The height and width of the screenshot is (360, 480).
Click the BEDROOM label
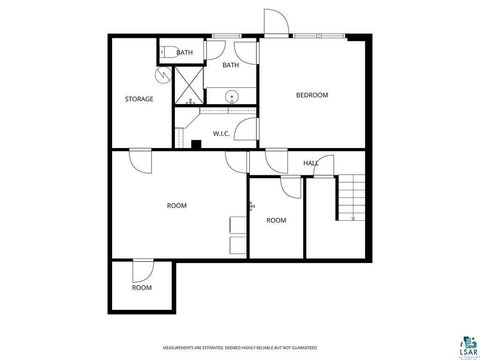pyautogui.click(x=312, y=95)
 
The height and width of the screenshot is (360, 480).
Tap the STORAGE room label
pyautogui.click(x=138, y=99)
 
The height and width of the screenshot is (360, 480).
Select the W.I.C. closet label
pyautogui.click(x=222, y=133)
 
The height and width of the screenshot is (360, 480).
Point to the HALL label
pyautogui.click(x=311, y=163)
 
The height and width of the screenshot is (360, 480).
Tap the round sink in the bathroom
pyautogui.click(x=232, y=97)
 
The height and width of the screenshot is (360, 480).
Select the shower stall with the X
pyautogui.click(x=188, y=86)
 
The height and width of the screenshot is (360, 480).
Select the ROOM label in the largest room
pyautogui.click(x=176, y=206)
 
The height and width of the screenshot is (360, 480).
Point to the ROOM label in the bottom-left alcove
pyautogui.click(x=142, y=288)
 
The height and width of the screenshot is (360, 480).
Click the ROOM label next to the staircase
pyautogui.click(x=276, y=220)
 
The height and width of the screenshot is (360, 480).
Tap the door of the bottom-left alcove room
pyautogui.click(x=142, y=269)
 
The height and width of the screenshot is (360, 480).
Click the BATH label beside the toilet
pyautogui.click(x=185, y=52)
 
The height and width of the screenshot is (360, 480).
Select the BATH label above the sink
pyautogui.click(x=231, y=66)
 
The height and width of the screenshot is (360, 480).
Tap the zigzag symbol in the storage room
pyautogui.click(x=162, y=74)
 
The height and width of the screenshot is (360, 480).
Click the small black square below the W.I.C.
pyautogui.click(x=195, y=144)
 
